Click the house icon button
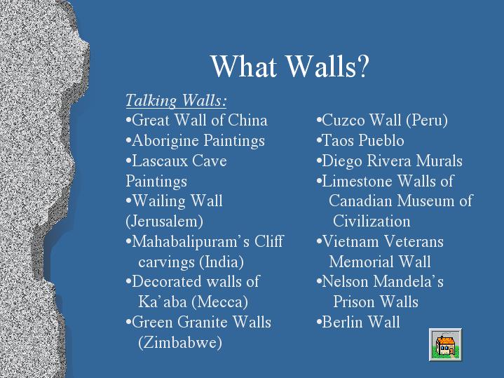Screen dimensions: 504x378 point(445,344)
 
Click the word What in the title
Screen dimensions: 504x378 point(244,66)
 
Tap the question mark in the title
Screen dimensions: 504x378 point(363,66)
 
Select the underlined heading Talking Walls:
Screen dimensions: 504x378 point(176,100)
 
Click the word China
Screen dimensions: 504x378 point(247,121)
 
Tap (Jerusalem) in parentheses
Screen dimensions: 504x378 point(164,222)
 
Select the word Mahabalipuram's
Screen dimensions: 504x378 point(191,242)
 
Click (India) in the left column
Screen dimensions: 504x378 point(222,262)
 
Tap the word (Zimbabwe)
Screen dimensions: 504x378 point(180,342)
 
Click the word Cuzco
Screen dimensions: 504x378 point(343,121)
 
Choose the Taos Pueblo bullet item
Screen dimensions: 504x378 point(360,140)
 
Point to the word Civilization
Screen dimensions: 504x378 point(372,222)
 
